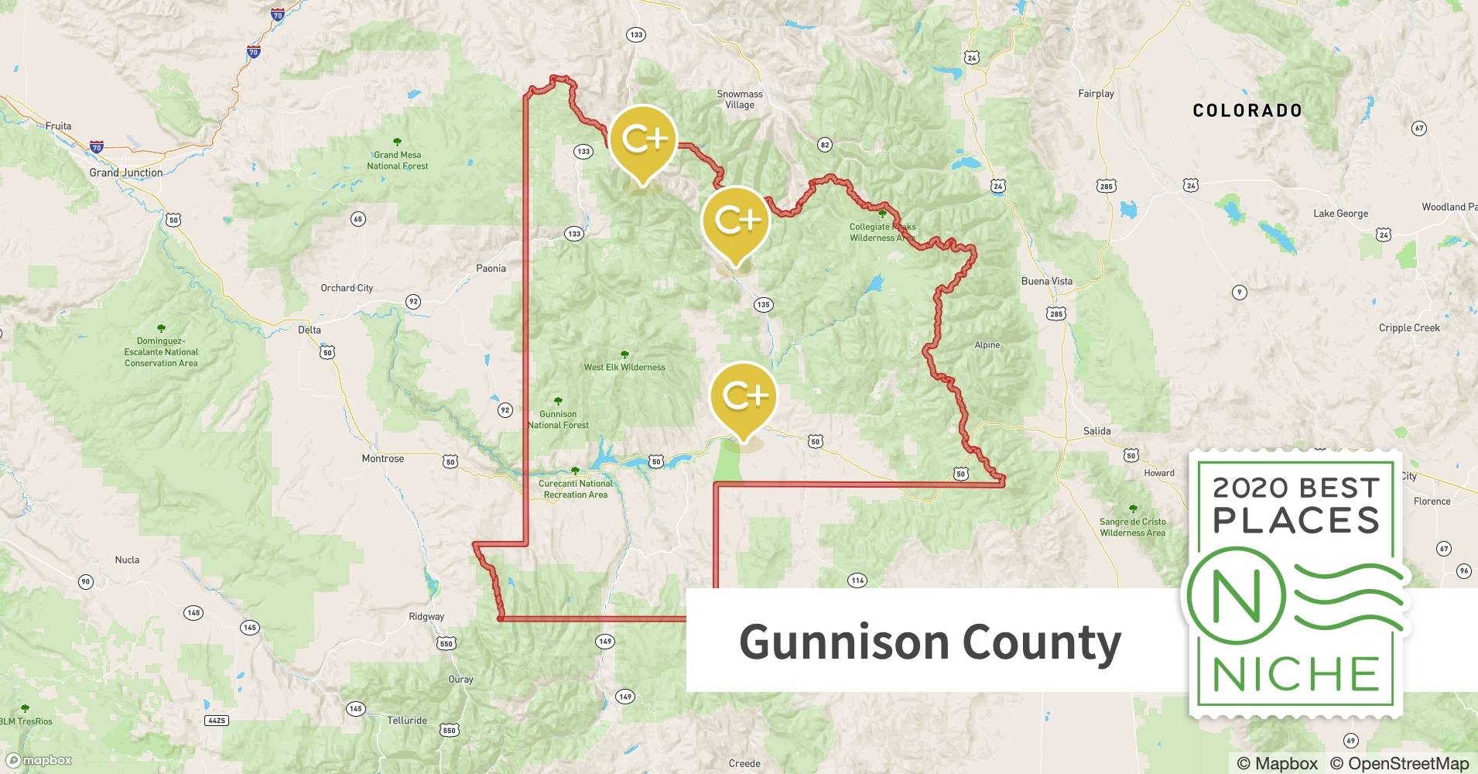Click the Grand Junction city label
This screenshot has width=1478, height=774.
point(125,173)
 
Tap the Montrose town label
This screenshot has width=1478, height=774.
point(382,458)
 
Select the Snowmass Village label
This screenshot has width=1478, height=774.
point(739,99)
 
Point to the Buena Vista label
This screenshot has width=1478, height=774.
point(1046,281)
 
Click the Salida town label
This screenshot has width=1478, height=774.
point(1097,431)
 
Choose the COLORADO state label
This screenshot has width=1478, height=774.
point(1247,111)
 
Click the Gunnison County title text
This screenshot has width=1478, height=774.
point(929,642)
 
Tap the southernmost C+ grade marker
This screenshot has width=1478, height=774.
point(743,399)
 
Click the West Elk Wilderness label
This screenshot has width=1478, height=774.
point(624,367)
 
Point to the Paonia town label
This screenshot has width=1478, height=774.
point(491,269)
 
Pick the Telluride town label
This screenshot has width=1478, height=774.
point(406,721)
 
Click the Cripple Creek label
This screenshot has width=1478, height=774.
point(1408,327)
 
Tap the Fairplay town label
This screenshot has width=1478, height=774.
point(1096,94)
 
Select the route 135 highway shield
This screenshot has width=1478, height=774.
point(763,305)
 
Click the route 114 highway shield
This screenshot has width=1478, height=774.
point(857,580)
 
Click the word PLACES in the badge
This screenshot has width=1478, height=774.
point(1296,520)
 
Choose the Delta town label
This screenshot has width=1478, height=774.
point(309,330)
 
